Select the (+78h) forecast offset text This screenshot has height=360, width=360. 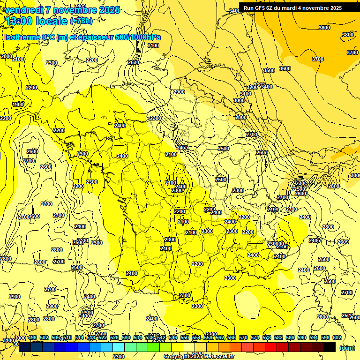81,21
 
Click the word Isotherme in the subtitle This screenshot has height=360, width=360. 22,37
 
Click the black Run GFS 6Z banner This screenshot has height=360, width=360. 292,8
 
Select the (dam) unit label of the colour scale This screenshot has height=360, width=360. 346,348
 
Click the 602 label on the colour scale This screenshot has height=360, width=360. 337,337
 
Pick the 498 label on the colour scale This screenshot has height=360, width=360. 32,337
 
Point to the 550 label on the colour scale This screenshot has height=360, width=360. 185,337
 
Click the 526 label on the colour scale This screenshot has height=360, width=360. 114,337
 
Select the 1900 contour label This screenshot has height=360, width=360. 18,105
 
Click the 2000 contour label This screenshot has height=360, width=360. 7,56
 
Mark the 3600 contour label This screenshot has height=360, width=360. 285,69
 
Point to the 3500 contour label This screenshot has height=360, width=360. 269,70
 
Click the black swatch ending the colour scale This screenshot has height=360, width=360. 329,347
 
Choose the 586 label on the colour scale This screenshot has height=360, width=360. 290,337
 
